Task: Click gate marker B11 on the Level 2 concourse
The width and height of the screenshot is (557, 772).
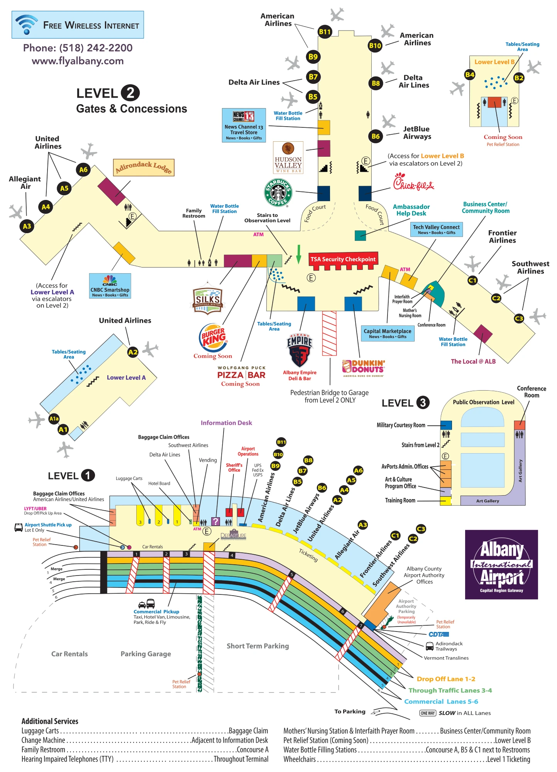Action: (325, 32)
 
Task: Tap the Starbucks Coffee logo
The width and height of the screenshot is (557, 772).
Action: (278, 192)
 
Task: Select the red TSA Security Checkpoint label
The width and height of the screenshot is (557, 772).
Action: (343, 259)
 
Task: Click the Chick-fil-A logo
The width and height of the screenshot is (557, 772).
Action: (413, 183)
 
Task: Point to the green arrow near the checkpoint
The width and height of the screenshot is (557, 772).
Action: (298, 254)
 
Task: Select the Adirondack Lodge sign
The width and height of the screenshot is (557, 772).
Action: (144, 167)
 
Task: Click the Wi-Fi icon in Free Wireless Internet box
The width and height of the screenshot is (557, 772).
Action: (26, 24)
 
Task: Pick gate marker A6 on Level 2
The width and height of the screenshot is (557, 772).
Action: (83, 169)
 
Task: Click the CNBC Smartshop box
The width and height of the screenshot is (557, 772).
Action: (110, 286)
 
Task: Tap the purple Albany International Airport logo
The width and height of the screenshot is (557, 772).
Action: (501, 564)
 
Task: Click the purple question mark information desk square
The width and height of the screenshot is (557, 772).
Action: (215, 521)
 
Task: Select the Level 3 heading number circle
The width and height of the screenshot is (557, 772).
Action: (423, 403)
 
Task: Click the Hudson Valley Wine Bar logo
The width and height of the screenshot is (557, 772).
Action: (288, 157)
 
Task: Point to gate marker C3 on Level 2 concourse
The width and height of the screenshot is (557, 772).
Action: (519, 318)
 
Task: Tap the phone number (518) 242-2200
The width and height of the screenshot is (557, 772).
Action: (78, 48)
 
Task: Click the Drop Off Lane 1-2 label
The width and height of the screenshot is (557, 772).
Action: (445, 679)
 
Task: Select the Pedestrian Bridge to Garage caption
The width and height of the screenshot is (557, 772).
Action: (329, 396)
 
